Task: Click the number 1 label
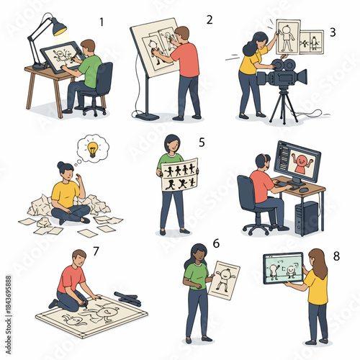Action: (x=101, y=22)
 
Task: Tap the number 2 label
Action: (x=210, y=19)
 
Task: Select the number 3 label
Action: (x=332, y=32)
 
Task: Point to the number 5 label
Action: (x=202, y=143)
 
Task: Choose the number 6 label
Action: (x=215, y=244)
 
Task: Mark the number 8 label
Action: (x=336, y=256)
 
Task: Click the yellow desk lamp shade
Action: (x=58, y=27)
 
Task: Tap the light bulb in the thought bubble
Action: (x=92, y=148)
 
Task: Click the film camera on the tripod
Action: (x=282, y=74)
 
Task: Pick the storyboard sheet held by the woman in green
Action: (x=179, y=175)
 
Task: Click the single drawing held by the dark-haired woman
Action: (x=224, y=279)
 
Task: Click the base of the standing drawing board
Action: (x=148, y=115)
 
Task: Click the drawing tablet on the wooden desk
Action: (x=63, y=55)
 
